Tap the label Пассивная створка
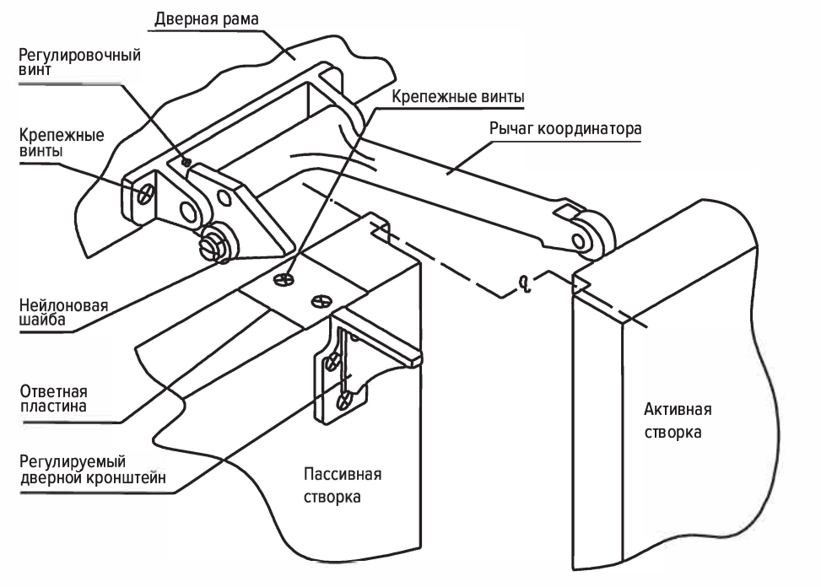point(342,485)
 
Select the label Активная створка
point(678,420)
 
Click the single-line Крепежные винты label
point(459,97)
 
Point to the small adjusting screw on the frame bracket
point(186,163)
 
